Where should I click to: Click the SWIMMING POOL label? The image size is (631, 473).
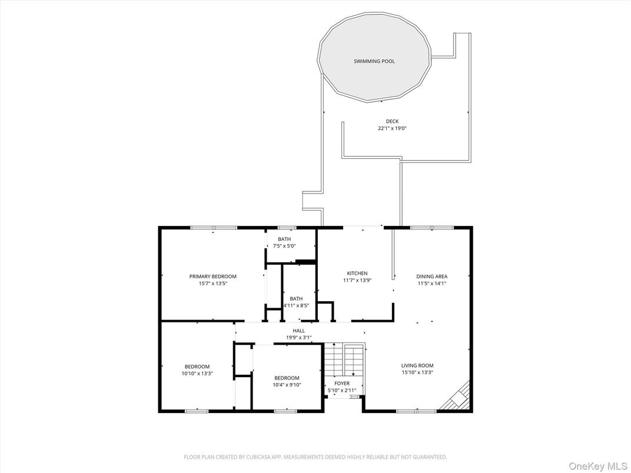[374, 61]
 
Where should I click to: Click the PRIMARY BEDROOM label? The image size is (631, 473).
[212, 277]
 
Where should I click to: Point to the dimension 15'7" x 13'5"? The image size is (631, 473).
[212, 283]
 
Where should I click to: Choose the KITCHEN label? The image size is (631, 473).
[357, 274]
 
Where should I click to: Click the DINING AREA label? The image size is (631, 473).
[432, 277]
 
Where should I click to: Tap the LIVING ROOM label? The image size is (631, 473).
[417, 365]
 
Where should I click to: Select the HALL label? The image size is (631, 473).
[299, 331]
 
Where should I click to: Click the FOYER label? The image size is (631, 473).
[341, 384]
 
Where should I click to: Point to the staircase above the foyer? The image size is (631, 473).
[344, 360]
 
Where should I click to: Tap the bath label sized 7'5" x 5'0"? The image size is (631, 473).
[284, 239]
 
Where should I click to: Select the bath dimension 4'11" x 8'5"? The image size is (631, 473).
[296, 305]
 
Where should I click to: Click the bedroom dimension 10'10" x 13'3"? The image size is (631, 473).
[197, 373]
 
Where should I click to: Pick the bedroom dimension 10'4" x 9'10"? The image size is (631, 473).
[287, 385]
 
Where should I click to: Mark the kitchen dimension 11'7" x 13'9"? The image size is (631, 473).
[357, 280]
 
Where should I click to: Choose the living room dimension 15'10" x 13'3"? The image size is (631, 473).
[417, 372]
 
